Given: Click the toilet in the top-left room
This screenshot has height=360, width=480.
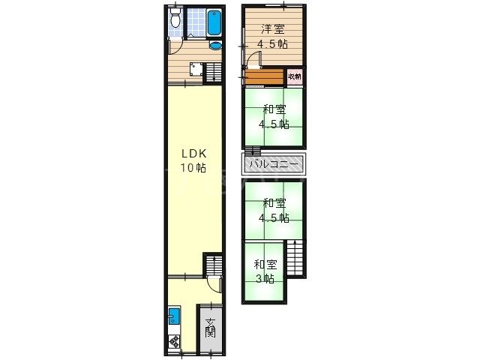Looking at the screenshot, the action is [175, 17].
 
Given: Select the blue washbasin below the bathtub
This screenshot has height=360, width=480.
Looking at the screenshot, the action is [215, 45].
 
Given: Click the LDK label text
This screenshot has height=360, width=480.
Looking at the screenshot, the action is [194, 153].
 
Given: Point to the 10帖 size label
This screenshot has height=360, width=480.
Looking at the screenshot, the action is [193, 168].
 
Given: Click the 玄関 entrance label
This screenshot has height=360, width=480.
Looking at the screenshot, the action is [211, 328].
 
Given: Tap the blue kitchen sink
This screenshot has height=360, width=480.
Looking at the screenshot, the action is [174, 316].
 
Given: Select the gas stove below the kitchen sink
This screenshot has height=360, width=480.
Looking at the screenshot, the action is [174, 341].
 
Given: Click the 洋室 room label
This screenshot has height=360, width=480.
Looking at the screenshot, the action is [273, 29].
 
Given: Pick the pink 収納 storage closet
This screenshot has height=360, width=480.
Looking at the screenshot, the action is [295, 76].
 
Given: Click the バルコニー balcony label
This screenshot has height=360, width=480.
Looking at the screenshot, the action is [274, 164].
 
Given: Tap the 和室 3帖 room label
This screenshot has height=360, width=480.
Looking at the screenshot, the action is [265, 271].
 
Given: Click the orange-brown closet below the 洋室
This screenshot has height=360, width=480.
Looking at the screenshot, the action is [265, 76].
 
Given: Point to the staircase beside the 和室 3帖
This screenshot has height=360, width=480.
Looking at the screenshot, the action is [295, 258].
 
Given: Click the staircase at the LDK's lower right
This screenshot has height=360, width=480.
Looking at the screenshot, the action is [213, 265].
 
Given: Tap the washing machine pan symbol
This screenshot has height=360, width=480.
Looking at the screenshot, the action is [196, 69].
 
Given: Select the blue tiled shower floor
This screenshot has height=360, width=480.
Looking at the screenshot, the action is [196, 22].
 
